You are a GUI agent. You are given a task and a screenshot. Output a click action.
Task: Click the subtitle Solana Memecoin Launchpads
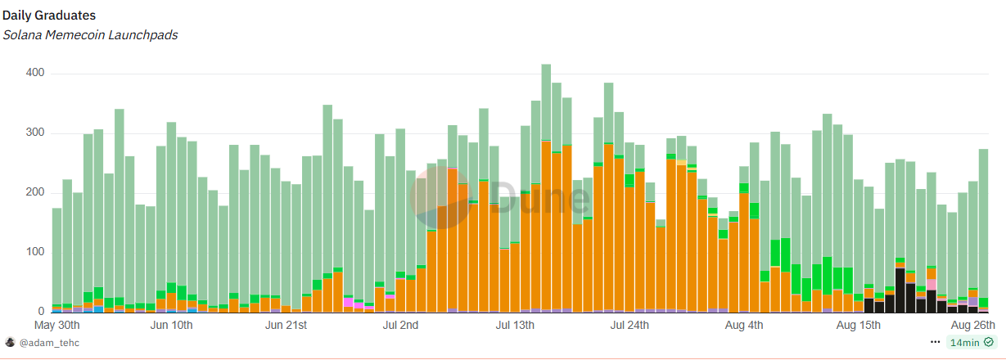pos(90,35)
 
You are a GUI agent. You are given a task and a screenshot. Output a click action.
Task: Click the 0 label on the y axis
pos(40,312)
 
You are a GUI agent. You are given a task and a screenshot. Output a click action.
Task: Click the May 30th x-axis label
pos(57,326)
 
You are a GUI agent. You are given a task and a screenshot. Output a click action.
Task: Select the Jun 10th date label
pos(172,326)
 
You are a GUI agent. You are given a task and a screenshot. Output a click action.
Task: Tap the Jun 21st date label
pos(286,326)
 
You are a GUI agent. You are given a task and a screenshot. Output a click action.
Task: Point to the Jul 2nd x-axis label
pos(400,326)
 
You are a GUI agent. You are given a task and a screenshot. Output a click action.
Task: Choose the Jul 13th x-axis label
pos(515,326)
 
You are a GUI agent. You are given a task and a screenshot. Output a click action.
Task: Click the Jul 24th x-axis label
pos(629,326)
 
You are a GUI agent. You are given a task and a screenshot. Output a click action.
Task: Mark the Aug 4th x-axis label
pos(744,326)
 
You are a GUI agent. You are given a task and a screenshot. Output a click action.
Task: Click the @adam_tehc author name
pos(49,343)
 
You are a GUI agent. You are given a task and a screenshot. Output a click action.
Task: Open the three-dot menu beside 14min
pos(936,342)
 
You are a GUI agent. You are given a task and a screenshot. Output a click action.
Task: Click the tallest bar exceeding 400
pos(546,188)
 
